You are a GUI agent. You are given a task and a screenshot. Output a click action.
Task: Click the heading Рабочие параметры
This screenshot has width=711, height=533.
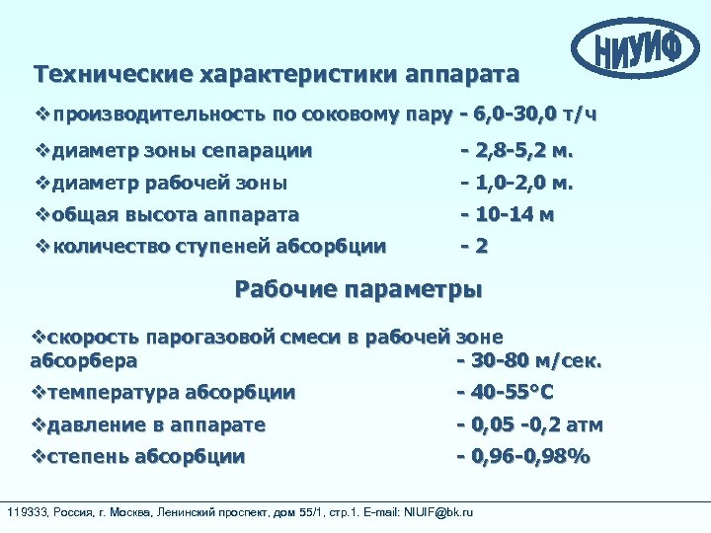[358, 290]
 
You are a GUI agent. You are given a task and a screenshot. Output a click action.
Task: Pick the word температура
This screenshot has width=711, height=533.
[114, 392]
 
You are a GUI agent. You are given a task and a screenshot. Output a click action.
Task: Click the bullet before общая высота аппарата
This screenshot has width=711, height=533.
[39, 213]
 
